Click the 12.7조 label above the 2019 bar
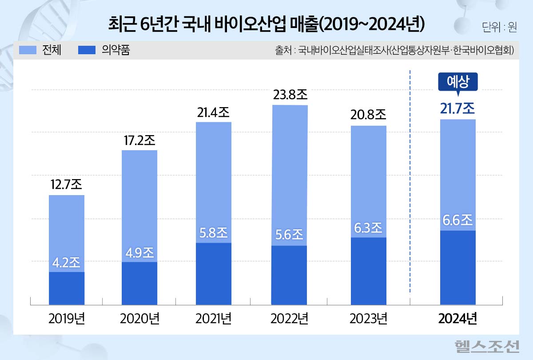[x=66, y=184]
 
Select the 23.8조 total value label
[x=290, y=94]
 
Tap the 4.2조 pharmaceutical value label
[x=66, y=262]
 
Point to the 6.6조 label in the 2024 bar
[x=457, y=220]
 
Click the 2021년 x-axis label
[x=213, y=319]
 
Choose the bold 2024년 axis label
[x=457, y=319]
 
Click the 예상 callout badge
[x=457, y=82]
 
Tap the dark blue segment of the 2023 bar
[x=368, y=271]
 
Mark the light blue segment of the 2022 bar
[x=290, y=173]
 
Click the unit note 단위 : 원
[x=499, y=27]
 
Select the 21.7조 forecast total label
[x=457, y=108]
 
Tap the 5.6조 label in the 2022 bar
[x=290, y=234]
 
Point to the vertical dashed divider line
[x=410, y=178]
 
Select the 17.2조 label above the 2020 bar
[x=139, y=140]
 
